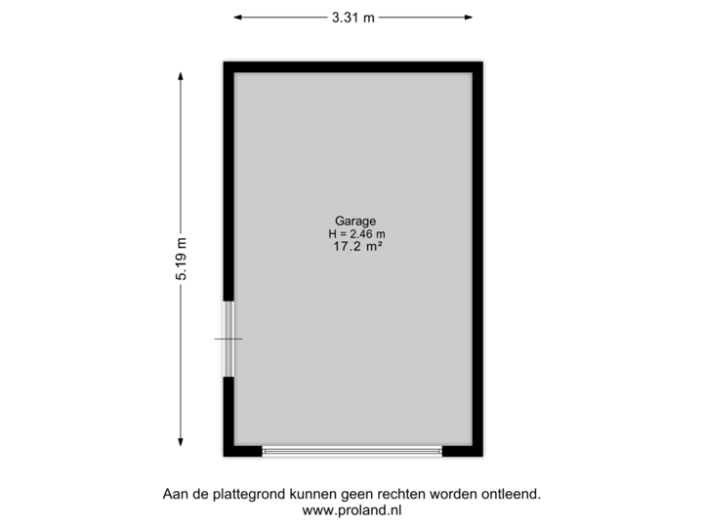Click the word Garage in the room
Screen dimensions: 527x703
click(x=352, y=221)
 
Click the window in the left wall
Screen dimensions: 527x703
click(x=227, y=339)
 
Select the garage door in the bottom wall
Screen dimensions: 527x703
click(x=352, y=452)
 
